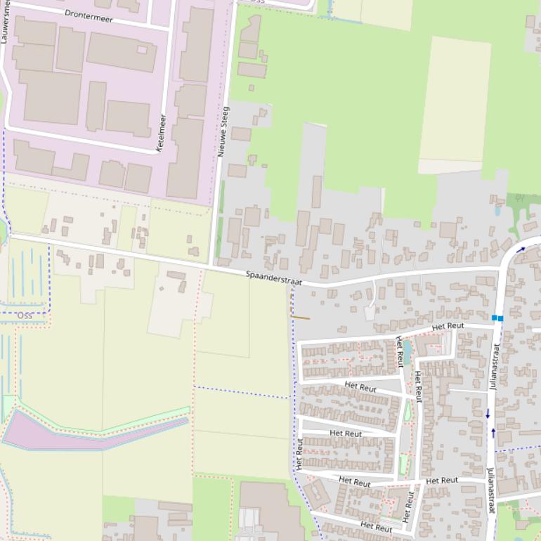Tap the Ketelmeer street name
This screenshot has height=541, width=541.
click(161, 133)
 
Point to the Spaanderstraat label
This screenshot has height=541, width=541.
click(274, 278)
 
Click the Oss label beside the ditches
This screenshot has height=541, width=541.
click(25, 315)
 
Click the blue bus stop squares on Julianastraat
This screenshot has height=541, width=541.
click(497, 318)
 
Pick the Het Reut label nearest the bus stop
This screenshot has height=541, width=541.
click(448, 326)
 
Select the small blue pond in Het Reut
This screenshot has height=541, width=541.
click(407, 351)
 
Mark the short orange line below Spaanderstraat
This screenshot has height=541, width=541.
click(300, 318)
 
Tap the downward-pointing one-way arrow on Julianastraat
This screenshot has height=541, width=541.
click(488, 414)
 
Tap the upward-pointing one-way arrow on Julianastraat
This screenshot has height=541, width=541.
click(493, 432)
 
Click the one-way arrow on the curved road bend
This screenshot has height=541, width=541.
click(521, 249)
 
